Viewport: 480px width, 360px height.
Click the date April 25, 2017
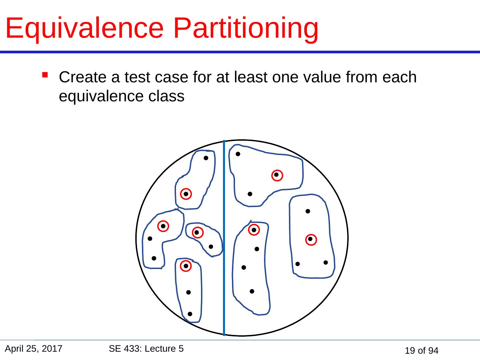pos(34,349)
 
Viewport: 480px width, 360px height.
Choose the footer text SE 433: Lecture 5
pos(146,349)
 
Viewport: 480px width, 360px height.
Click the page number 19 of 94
pos(421,350)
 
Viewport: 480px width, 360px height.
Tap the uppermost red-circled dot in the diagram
pos(277,175)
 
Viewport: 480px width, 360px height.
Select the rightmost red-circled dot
pos(310,239)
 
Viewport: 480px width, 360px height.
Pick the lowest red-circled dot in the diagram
pos(185,266)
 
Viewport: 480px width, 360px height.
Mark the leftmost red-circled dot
pos(163,226)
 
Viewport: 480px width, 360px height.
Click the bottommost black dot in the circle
pos(190,314)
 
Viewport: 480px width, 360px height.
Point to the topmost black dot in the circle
pos(238,154)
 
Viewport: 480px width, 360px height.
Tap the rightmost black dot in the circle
pos(326,263)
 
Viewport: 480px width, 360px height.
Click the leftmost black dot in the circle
pos(150,239)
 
